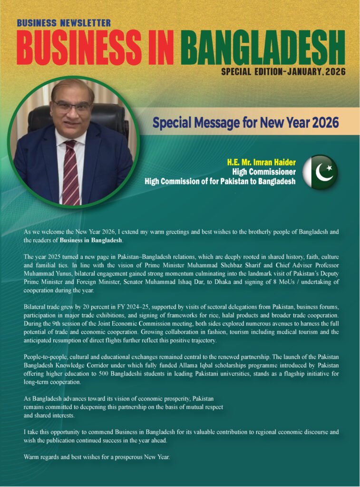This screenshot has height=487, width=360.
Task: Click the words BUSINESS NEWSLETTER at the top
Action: (x=64, y=23)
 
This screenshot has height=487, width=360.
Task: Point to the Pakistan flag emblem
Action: (x=320, y=172)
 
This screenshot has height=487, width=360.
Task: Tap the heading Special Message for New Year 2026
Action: (x=245, y=123)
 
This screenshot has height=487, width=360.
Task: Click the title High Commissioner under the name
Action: (x=264, y=172)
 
